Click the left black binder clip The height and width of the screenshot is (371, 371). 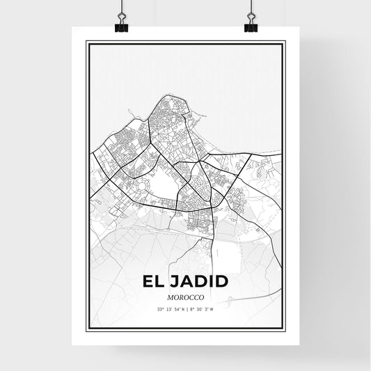click(x=122, y=24)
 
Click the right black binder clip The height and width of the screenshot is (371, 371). click(x=250, y=24)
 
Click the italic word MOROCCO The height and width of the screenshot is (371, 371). click(x=185, y=298)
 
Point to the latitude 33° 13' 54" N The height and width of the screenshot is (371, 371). click(x=170, y=310)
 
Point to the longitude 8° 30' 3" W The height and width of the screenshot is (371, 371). click(x=201, y=310)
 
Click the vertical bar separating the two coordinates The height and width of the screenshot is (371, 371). click(x=186, y=310)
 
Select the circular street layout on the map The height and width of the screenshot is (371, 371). click(x=143, y=187)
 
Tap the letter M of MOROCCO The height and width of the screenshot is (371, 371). click(x=169, y=298)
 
